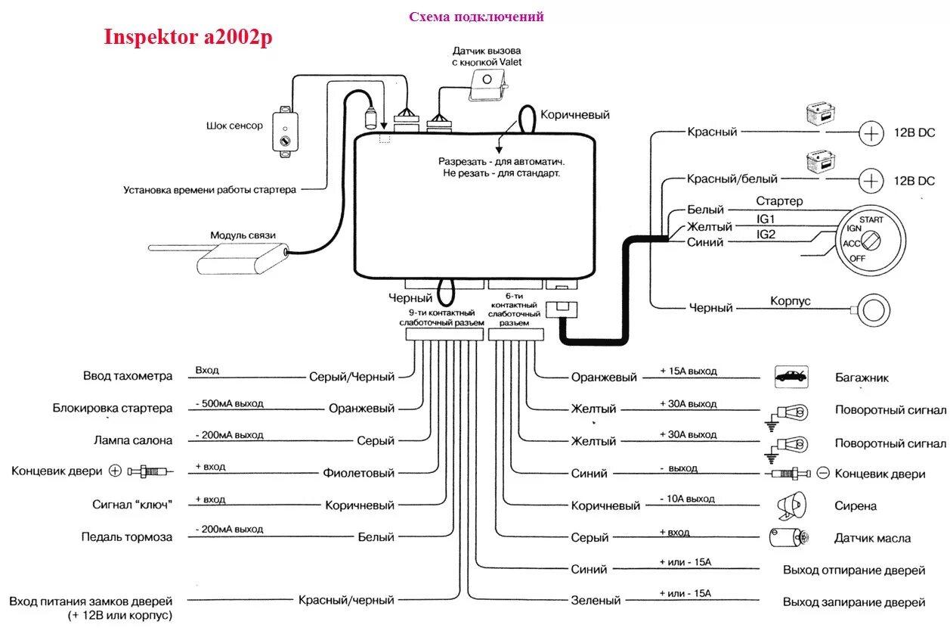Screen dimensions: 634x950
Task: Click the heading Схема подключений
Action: [476, 17]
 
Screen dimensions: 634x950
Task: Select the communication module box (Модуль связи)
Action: [235, 260]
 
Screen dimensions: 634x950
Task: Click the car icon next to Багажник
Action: [791, 376]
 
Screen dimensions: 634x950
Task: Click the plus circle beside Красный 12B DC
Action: [871, 134]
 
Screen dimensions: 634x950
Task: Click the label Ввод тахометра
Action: [128, 376]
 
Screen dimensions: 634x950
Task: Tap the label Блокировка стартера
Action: [113, 409]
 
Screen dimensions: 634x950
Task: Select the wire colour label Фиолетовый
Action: [360, 473]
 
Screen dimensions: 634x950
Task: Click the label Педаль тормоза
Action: [127, 537]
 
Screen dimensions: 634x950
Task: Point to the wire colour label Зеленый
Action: [596, 601]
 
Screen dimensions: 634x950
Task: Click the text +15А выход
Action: [688, 371]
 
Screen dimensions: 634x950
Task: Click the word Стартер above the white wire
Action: [779, 201]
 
